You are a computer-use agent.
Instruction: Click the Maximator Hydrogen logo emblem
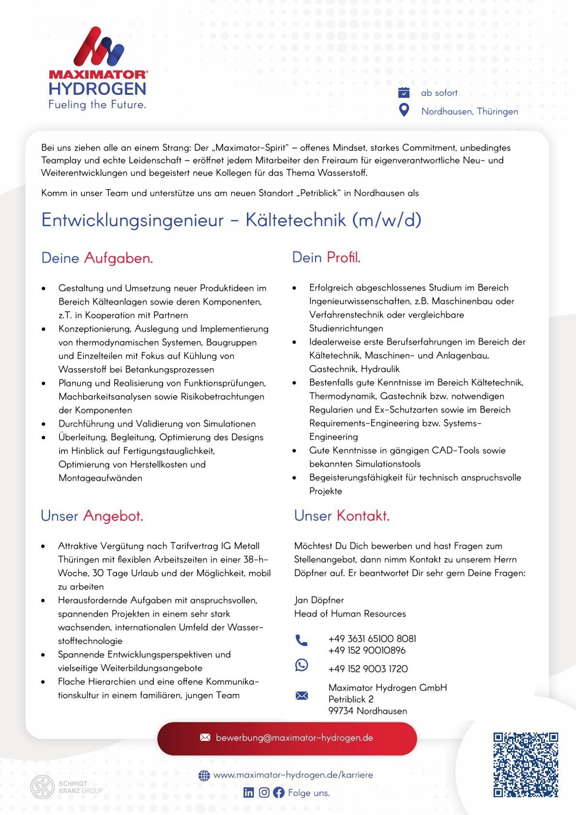[x=98, y=47]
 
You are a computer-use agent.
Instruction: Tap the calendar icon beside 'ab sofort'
[x=404, y=92]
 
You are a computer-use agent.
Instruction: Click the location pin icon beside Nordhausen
[x=404, y=110]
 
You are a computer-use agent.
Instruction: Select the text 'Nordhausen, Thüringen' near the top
[x=470, y=111]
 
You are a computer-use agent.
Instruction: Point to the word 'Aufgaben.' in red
[x=119, y=258]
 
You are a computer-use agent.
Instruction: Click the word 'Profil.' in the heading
[x=344, y=258]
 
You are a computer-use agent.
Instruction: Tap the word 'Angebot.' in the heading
[x=113, y=516]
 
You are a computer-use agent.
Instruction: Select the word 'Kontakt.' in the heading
[x=363, y=516]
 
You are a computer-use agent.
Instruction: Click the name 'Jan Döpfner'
[x=319, y=600]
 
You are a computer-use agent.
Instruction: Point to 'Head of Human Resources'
[x=350, y=614]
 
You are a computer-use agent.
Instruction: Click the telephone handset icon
[x=301, y=640]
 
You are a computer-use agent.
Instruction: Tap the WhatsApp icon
[x=301, y=665]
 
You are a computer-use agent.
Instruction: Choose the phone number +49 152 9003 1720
[x=368, y=669]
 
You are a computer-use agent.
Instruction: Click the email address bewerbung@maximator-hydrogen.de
[x=294, y=738]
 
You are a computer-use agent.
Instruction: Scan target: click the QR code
[x=526, y=765]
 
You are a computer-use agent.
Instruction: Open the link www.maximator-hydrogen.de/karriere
[x=293, y=775]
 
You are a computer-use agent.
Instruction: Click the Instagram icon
[x=264, y=793]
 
